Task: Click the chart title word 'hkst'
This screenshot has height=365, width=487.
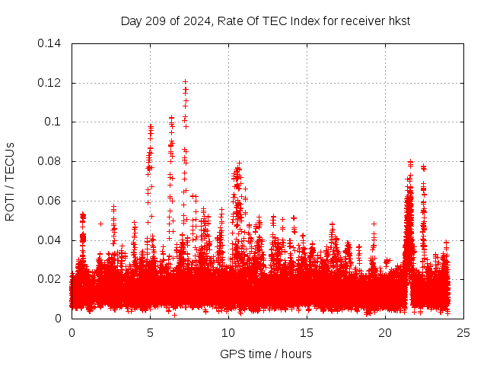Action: [x=398, y=21]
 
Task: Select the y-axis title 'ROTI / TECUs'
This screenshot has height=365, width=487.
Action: [x=10, y=181]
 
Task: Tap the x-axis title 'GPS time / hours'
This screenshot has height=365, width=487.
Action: [x=266, y=354]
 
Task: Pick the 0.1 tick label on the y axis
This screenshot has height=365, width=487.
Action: [x=55, y=122]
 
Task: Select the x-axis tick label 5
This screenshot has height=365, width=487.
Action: [x=150, y=333]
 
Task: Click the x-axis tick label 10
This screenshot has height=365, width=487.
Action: [x=228, y=333]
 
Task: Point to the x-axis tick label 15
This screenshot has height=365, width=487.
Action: [x=307, y=333]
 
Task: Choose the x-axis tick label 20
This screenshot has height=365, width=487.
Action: [x=385, y=333]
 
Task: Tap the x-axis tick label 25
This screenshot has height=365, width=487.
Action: [x=463, y=333]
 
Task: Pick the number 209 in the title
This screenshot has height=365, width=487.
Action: [x=157, y=21]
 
